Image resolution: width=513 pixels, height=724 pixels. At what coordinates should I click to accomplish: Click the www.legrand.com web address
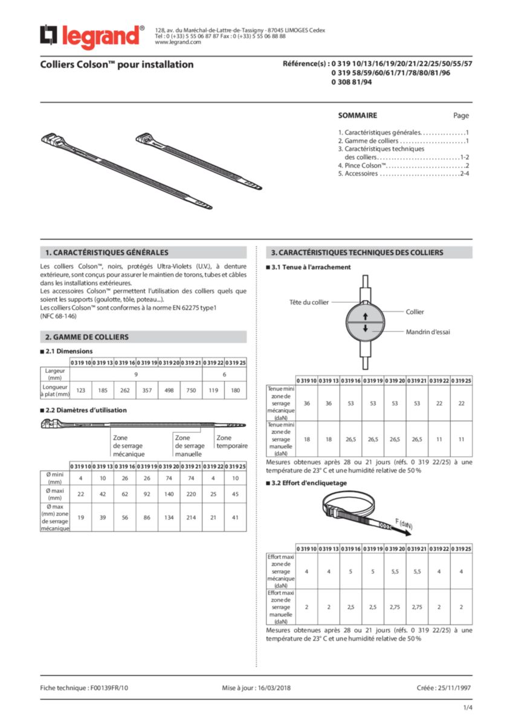pos(178,42)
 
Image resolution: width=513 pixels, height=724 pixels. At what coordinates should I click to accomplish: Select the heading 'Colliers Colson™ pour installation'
pos(117,65)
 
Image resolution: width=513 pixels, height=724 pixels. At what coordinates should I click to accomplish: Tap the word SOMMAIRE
pos(358,115)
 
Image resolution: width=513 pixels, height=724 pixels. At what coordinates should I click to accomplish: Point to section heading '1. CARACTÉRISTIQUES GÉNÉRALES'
pos(107,252)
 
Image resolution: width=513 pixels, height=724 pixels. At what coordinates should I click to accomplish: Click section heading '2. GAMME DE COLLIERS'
pos(87,337)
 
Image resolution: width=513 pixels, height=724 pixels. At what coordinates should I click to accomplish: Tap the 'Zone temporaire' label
pos(232,442)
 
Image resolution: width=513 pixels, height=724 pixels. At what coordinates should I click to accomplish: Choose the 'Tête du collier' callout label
pos(309,302)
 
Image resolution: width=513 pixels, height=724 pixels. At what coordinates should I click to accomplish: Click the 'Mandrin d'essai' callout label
pos(428,331)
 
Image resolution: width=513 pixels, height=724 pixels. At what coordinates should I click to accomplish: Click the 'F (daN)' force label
pos(404,523)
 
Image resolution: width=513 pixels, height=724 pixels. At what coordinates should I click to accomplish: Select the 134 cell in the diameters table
pos(169,517)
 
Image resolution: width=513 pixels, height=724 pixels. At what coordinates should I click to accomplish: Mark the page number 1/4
pos(468,707)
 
